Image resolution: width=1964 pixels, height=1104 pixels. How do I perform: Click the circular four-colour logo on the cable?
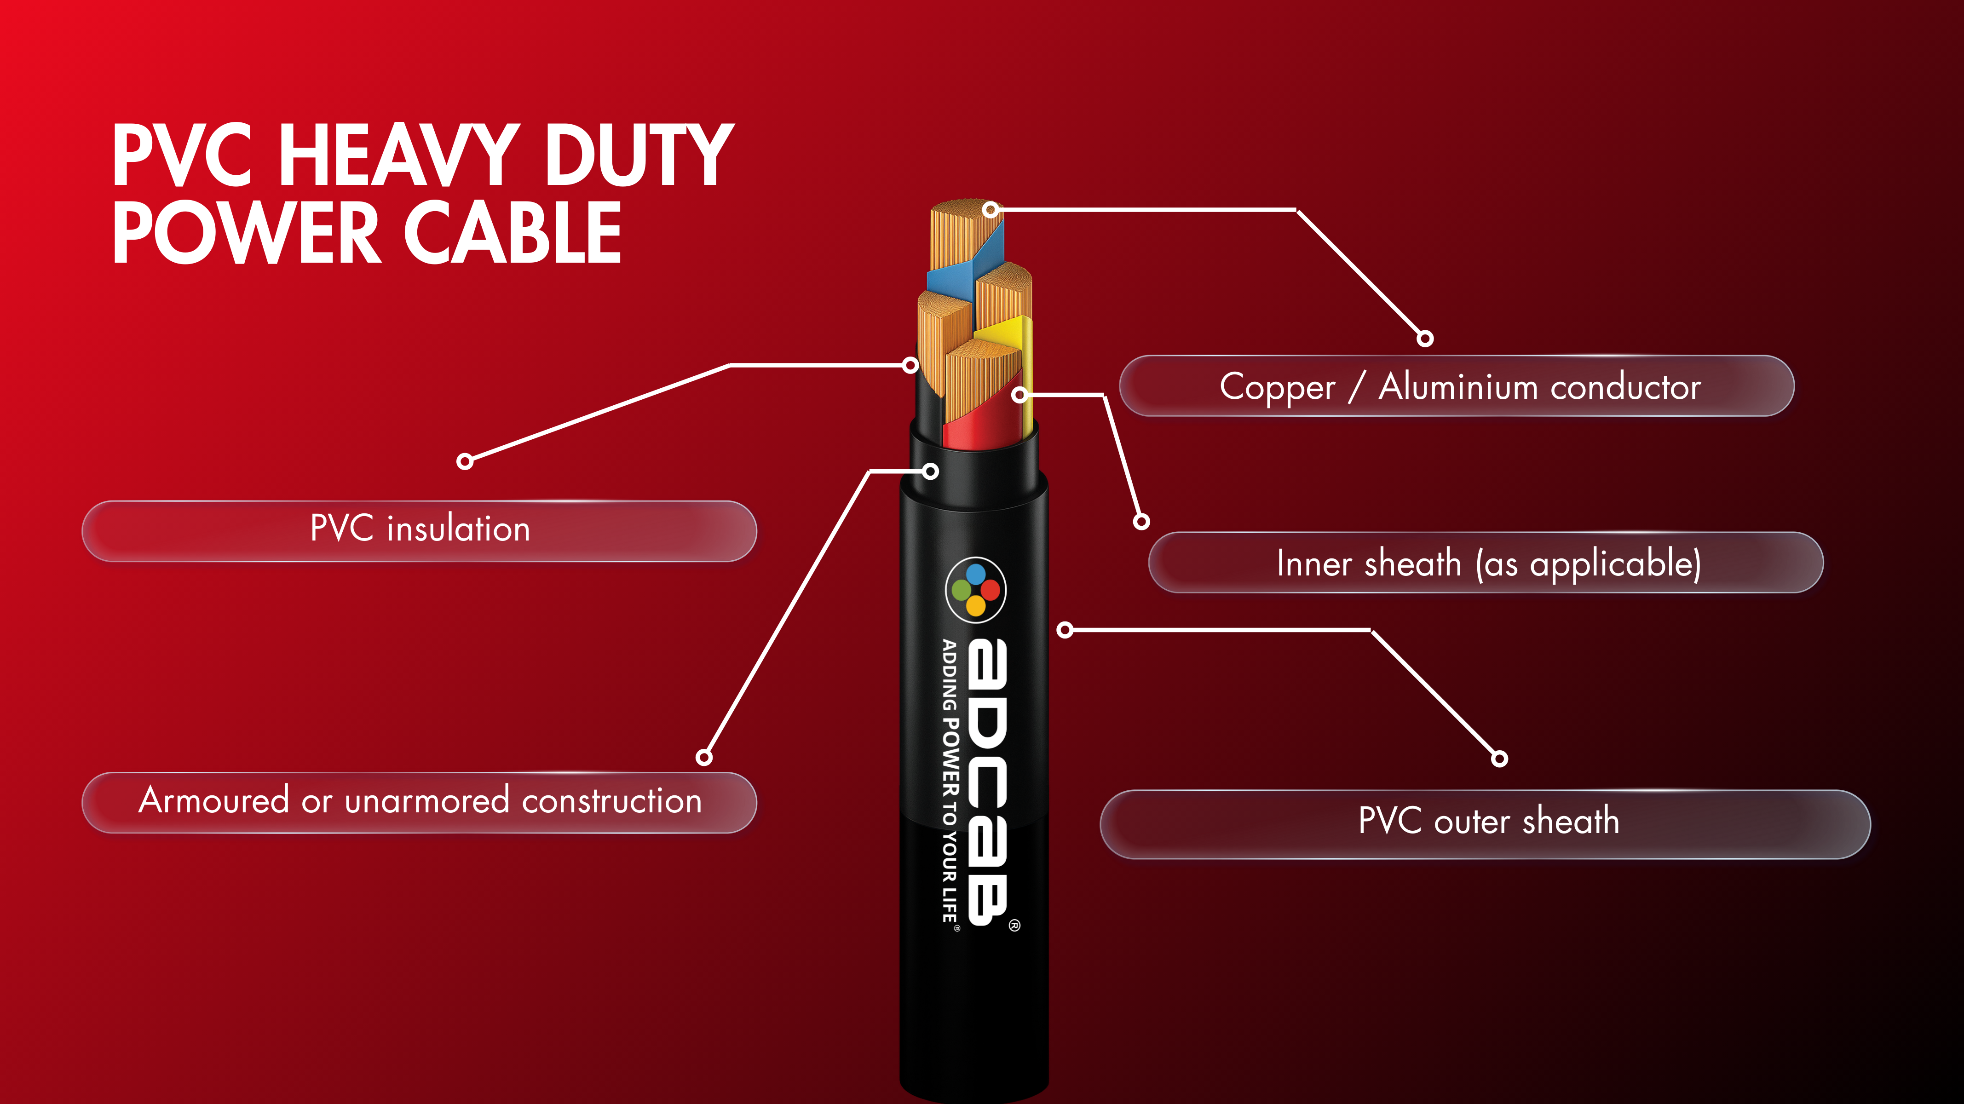[x=976, y=589]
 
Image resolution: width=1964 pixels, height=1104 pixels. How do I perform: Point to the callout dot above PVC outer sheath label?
[x=1499, y=758]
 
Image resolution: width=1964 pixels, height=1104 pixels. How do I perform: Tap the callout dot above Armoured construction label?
[x=704, y=757]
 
